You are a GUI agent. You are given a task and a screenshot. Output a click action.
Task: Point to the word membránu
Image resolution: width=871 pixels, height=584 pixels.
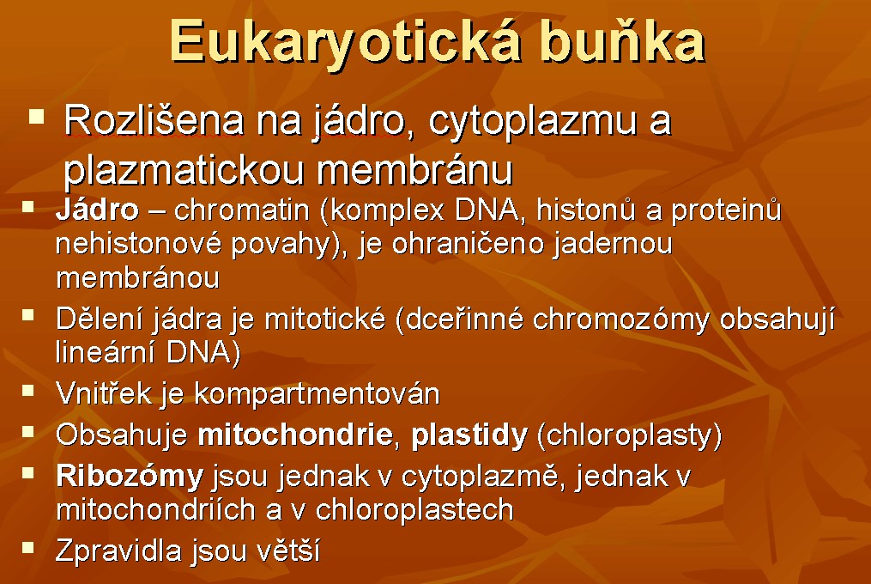point(414,170)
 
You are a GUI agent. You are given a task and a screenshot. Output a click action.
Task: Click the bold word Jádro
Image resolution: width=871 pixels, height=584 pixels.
point(97,210)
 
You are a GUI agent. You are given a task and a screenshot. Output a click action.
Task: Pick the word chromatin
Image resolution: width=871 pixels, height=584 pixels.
point(242,210)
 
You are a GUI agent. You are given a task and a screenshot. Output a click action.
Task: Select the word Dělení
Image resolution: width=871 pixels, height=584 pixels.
point(92,319)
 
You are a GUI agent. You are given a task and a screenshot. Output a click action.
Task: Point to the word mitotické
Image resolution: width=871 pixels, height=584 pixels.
point(325,319)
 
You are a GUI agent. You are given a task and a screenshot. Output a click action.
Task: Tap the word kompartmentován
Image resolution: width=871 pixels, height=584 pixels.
point(318,394)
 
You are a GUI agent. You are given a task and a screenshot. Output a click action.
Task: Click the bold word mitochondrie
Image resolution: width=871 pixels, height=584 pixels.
point(296,435)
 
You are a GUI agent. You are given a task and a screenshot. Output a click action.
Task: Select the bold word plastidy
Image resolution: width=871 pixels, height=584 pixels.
point(469,435)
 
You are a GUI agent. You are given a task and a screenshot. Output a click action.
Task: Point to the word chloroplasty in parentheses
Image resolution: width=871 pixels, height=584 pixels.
point(629,435)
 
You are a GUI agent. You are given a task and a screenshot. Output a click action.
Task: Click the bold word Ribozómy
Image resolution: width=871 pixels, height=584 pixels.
point(130,477)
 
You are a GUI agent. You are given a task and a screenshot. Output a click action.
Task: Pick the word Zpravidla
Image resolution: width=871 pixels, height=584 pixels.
point(119,551)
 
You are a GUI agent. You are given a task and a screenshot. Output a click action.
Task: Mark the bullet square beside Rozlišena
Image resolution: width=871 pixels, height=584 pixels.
point(37,116)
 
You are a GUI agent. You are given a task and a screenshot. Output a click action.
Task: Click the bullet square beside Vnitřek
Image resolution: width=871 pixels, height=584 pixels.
point(27,390)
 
